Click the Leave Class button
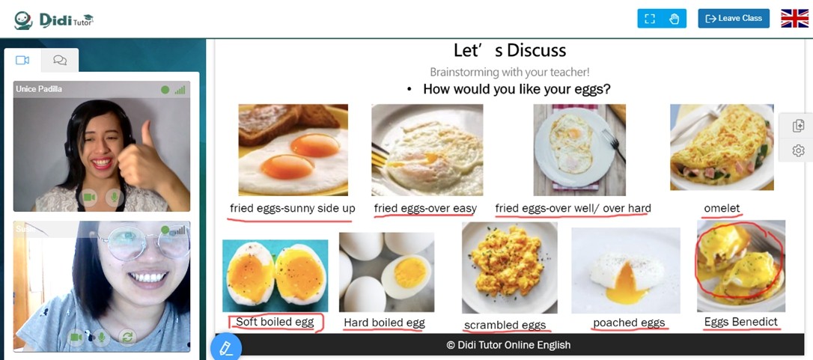pos(734,18)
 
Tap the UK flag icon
pos(794,18)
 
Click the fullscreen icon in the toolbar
pos(650,19)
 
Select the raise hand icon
pos(674,19)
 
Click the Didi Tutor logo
pos(53,20)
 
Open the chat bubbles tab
pos(60,60)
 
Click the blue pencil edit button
pos(226,347)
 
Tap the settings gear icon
pos(799,150)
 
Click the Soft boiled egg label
pos(275,322)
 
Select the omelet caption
pos(722,208)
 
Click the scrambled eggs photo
pos(510,268)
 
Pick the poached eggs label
pos(629,323)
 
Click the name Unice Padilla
pos(39,89)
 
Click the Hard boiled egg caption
pos(384,323)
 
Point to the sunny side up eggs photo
pos(293,150)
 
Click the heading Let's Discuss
pos(510,50)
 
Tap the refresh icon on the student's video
pos(127,338)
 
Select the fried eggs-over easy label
pos(425,209)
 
